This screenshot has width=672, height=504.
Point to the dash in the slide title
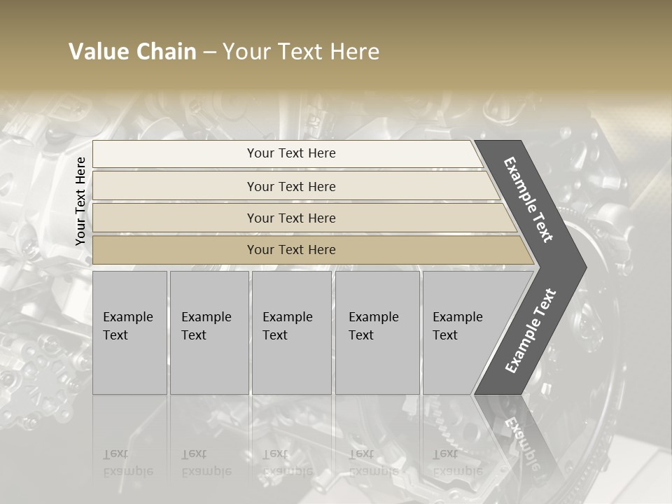(x=209, y=52)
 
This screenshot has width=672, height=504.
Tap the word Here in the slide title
(x=354, y=52)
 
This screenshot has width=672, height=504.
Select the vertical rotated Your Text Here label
(x=80, y=202)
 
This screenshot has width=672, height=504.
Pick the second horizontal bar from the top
(x=291, y=186)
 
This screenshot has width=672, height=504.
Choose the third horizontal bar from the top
(x=291, y=218)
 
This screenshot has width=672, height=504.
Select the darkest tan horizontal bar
(x=291, y=250)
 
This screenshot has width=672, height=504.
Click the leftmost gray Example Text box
(x=129, y=332)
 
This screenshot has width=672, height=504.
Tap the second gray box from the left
(x=209, y=332)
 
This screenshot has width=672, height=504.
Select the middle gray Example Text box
(x=291, y=332)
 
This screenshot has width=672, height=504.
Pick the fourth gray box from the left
(x=377, y=332)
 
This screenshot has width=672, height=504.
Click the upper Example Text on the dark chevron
(x=529, y=199)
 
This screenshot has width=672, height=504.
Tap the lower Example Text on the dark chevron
(x=531, y=330)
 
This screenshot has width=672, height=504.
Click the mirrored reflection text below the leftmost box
(x=127, y=462)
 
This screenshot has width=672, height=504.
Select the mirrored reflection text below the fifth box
(x=457, y=462)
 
